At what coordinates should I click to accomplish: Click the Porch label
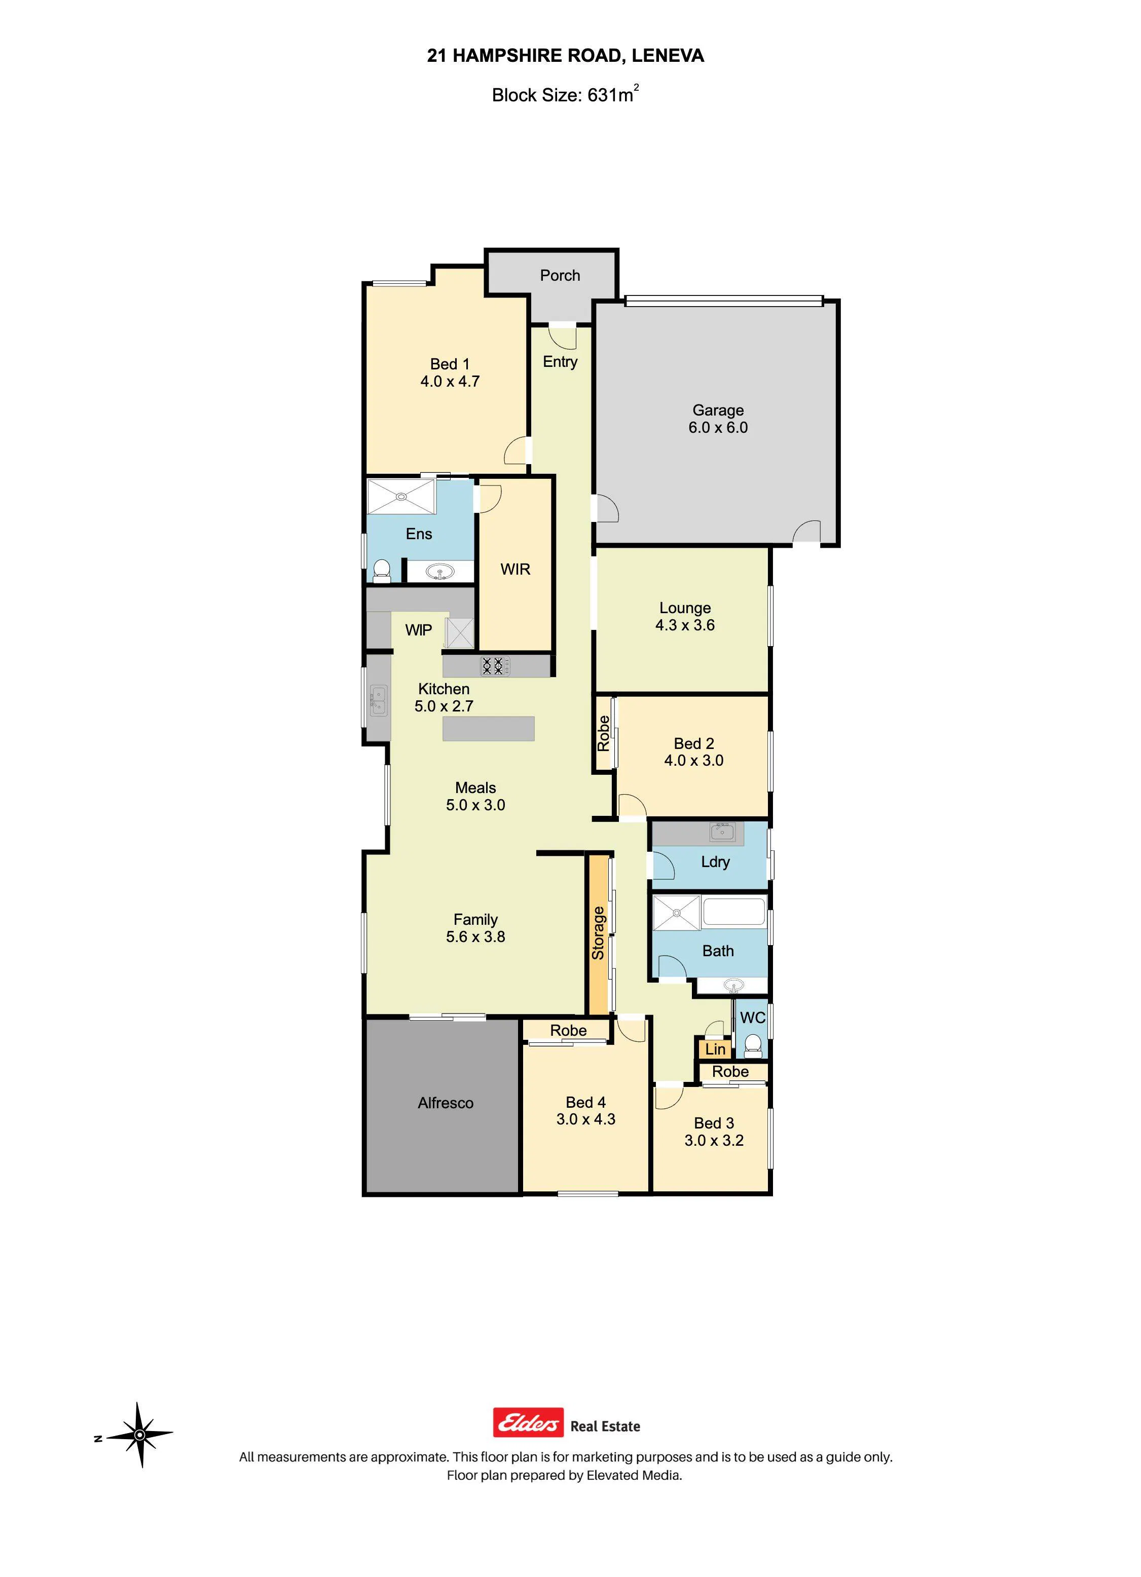(x=560, y=275)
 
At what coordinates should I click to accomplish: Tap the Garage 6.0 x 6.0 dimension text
(x=718, y=428)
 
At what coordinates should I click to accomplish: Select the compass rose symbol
(x=140, y=1435)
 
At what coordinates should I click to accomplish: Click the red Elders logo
(x=528, y=1422)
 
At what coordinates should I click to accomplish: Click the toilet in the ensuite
(x=381, y=570)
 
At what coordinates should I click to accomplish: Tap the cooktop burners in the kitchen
(x=493, y=666)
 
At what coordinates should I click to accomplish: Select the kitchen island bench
(x=488, y=729)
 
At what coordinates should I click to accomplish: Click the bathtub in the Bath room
(x=733, y=912)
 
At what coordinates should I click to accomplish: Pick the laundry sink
(x=722, y=831)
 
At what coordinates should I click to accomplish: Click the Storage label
(x=598, y=933)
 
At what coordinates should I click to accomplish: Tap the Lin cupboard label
(x=715, y=1049)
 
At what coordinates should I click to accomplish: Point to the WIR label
(x=515, y=570)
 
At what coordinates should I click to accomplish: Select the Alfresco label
(x=446, y=1103)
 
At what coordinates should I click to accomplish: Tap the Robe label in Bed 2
(x=603, y=734)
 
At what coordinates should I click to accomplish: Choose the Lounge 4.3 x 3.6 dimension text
(x=685, y=625)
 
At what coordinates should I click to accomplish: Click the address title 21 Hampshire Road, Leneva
(x=565, y=56)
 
